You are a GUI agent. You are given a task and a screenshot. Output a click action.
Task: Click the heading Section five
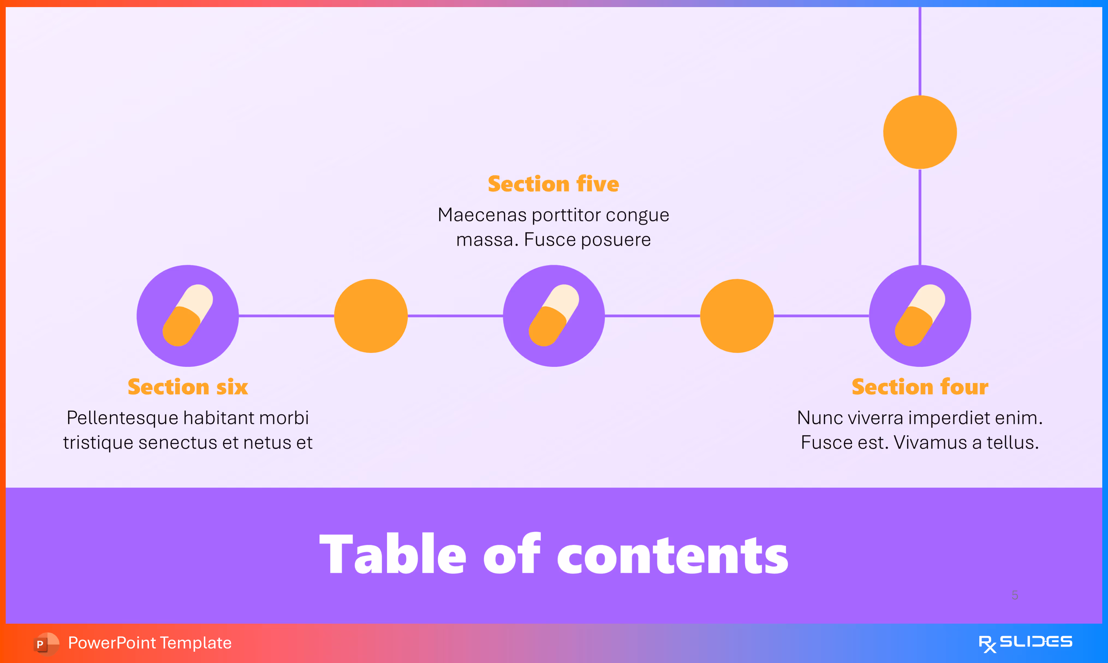pos(553,184)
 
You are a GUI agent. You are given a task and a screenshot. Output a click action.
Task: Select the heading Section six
pos(188,387)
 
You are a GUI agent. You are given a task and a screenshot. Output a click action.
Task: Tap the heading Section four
pos(920,387)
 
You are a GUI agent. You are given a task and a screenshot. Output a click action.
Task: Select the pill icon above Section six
pos(188,315)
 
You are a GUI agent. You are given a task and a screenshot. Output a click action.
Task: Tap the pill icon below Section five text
pos(553,315)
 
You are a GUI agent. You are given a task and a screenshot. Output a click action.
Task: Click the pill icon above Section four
pos(920,315)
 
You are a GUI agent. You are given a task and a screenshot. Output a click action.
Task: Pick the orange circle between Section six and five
pos(371,316)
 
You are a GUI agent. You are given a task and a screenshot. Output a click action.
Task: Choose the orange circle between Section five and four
pos(737,316)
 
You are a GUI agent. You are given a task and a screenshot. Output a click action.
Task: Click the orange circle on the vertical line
pos(920,132)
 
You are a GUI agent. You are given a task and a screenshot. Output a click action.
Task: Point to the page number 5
pos(1015,595)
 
